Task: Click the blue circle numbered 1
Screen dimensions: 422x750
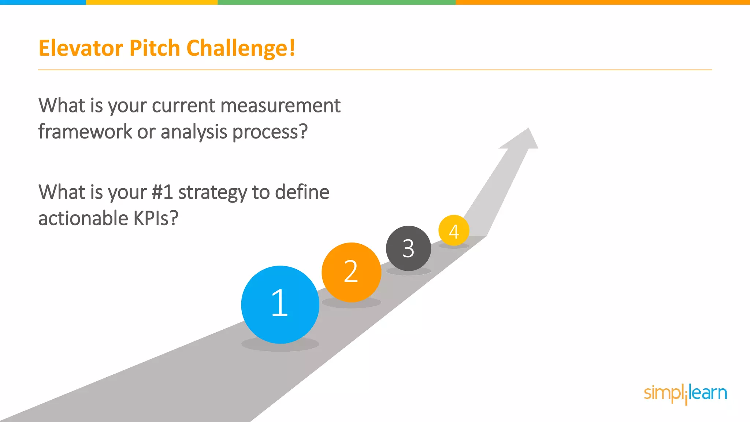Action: pyautogui.click(x=280, y=304)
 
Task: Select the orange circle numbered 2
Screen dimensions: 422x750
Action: pyautogui.click(x=351, y=272)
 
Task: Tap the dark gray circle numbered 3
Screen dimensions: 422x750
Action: pyautogui.click(x=408, y=248)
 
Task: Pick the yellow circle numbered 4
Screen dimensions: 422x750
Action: pyautogui.click(x=454, y=230)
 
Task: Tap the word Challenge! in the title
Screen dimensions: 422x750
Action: pyautogui.click(x=241, y=48)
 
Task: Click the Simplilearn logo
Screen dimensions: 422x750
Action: pyautogui.click(x=685, y=394)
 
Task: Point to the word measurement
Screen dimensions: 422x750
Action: pyautogui.click(x=281, y=106)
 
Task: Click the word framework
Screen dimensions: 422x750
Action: pyautogui.click(x=85, y=132)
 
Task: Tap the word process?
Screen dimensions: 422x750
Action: pyautogui.click(x=270, y=132)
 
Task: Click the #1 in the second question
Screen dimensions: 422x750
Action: pyautogui.click(x=162, y=192)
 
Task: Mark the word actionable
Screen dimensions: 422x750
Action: pyautogui.click(x=83, y=219)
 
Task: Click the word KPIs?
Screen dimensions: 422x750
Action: pyautogui.click(x=156, y=219)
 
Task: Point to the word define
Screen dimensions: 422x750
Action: pyautogui.click(x=302, y=192)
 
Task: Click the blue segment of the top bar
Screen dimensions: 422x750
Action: pyautogui.click(x=43, y=2)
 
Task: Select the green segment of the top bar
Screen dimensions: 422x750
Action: pyautogui.click(x=337, y=2)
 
